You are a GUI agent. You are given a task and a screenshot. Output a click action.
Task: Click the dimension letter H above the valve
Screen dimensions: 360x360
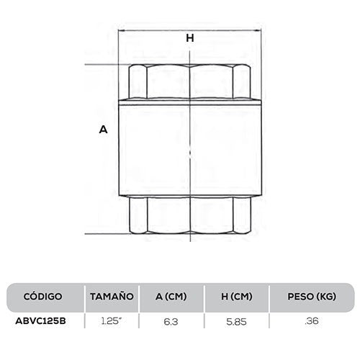tap(190, 39)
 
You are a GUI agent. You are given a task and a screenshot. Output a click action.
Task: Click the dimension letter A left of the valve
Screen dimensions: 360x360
tap(102, 130)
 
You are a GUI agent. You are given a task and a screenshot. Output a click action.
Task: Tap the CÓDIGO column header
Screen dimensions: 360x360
tap(43, 296)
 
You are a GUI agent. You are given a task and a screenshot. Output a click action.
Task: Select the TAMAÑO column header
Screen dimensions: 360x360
tap(112, 296)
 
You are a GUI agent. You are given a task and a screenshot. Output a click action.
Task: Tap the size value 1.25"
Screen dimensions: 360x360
tap(111, 320)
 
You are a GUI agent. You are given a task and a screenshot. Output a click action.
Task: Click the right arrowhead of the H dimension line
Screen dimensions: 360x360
tap(257, 30)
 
